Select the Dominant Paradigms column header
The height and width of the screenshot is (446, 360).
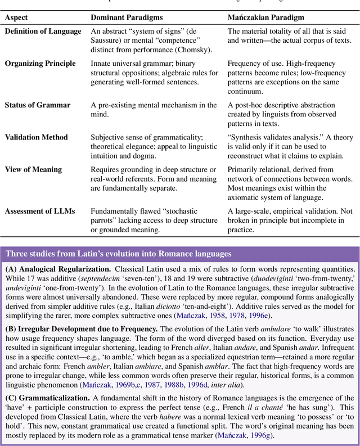(x=125, y=17)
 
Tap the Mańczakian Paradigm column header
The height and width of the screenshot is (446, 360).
(x=265, y=17)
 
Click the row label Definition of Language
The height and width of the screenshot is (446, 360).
(x=43, y=31)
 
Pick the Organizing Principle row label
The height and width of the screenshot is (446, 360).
(x=38, y=64)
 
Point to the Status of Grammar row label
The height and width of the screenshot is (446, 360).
(x=38, y=105)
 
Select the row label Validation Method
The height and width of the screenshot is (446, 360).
(x=36, y=137)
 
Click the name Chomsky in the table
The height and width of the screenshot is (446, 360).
(x=195, y=49)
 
